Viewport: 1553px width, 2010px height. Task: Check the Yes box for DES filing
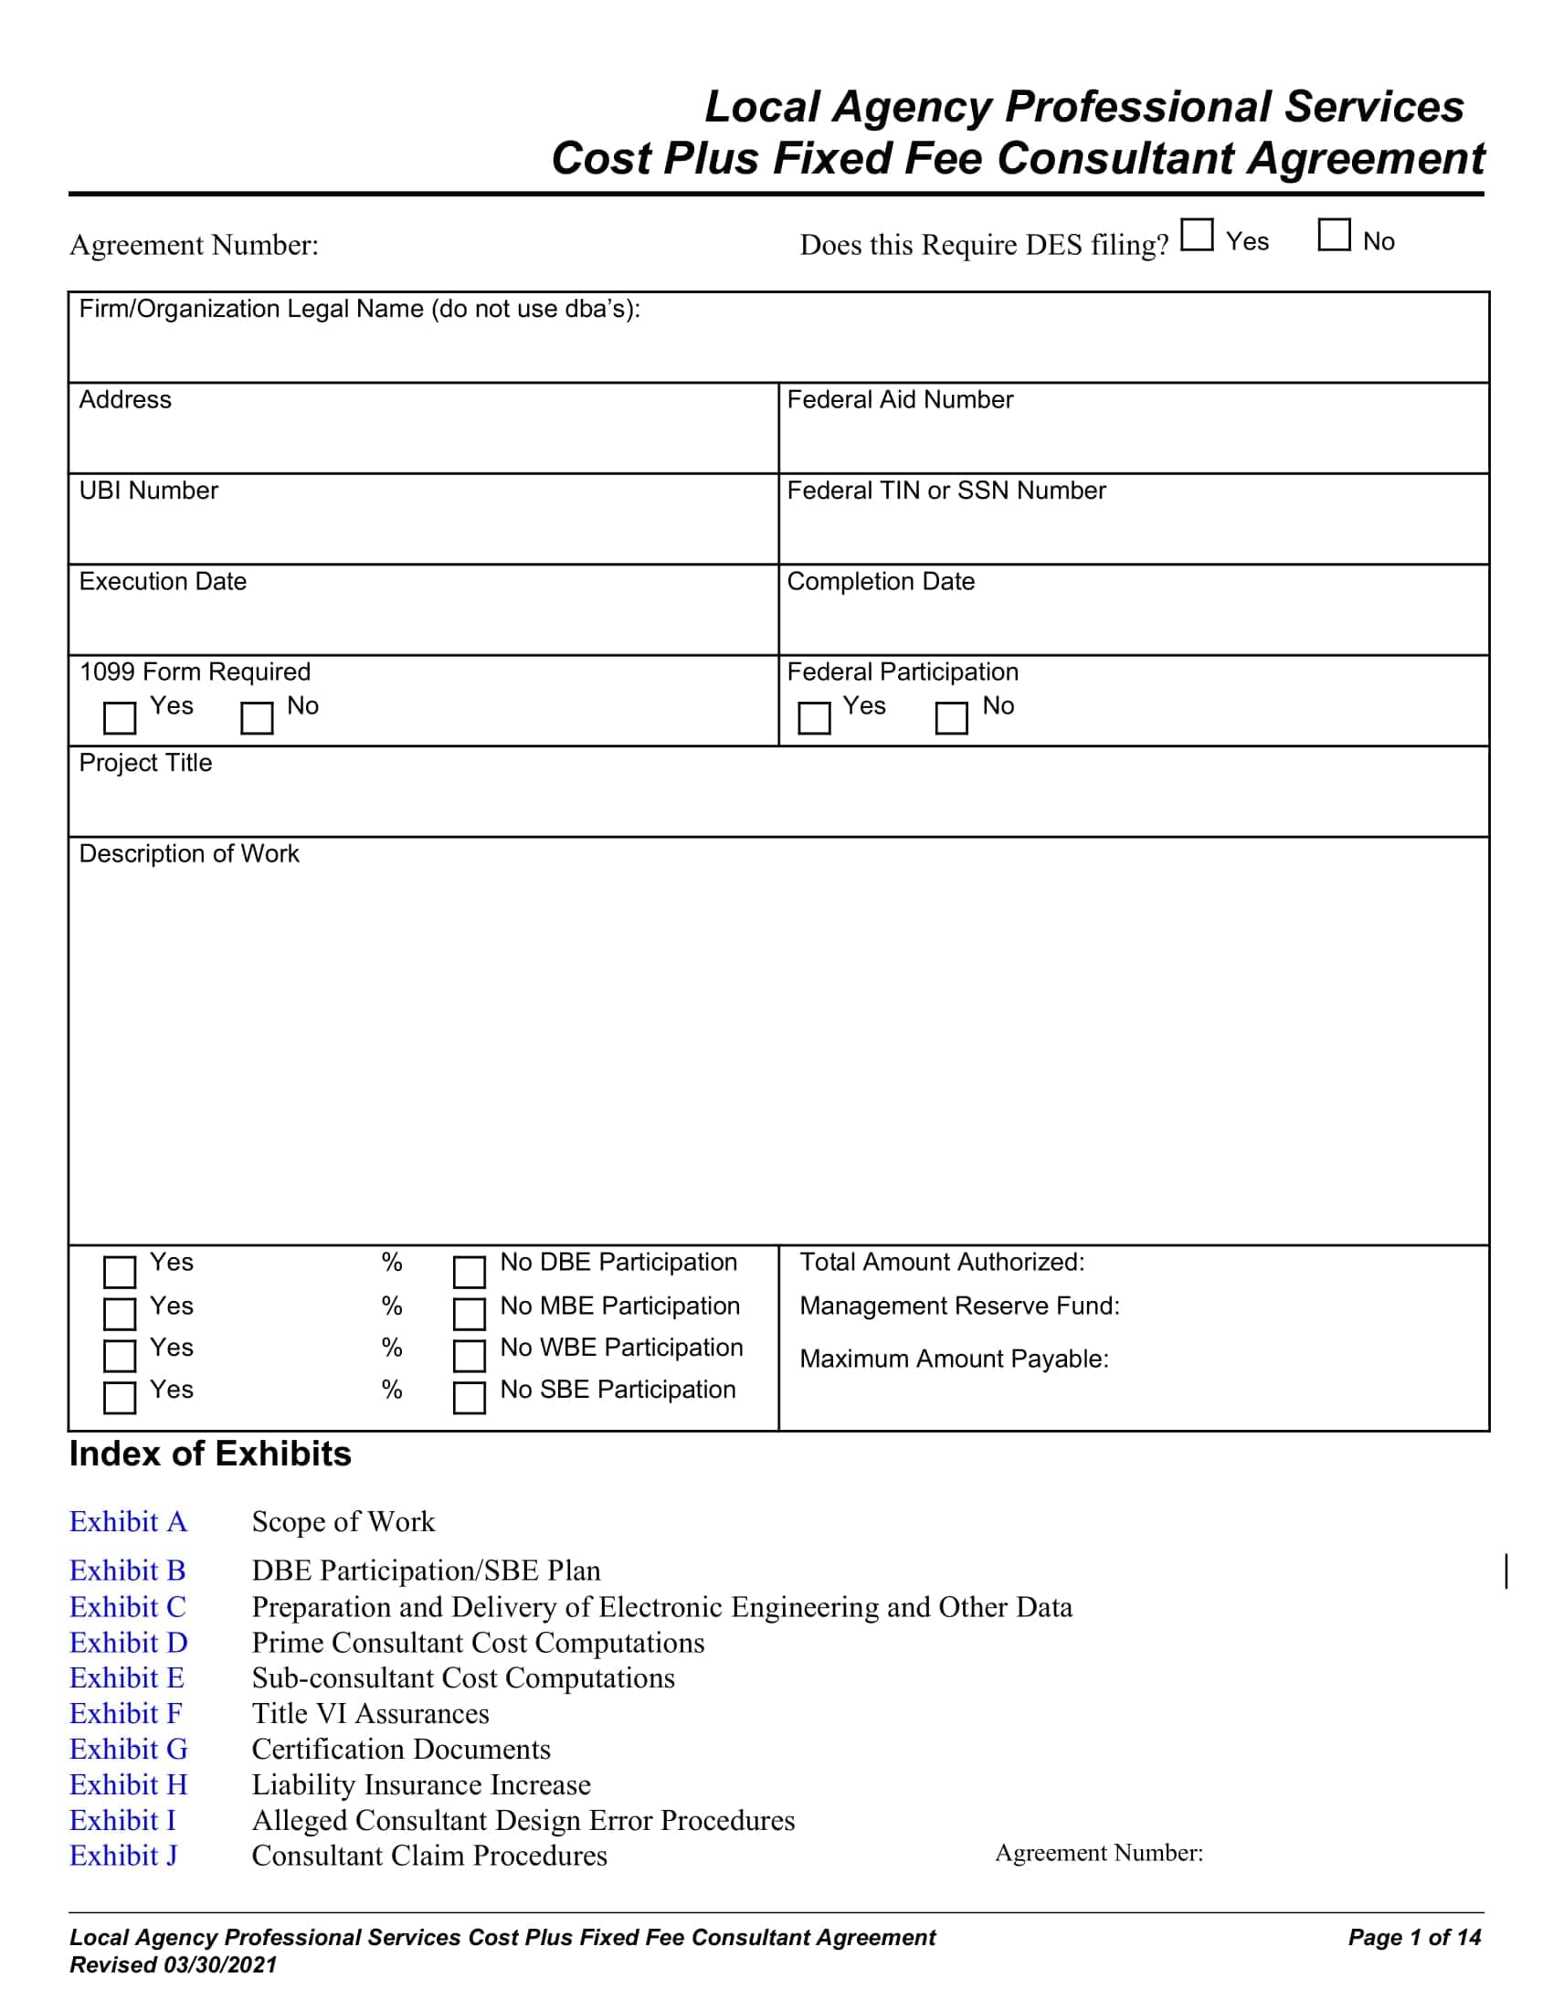pyautogui.click(x=1197, y=235)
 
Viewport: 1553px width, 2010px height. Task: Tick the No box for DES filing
pyautogui.click(x=1334, y=235)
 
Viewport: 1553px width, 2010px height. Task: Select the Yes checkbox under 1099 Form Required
pyautogui.click(x=120, y=718)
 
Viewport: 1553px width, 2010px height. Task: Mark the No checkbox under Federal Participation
pyautogui.click(x=951, y=718)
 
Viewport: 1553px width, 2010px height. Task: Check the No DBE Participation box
pyautogui.click(x=470, y=1272)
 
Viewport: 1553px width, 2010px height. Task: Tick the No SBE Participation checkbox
pyautogui.click(x=470, y=1397)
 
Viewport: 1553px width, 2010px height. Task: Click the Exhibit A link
pyautogui.click(x=128, y=1522)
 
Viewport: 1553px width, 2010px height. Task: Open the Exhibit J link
pyautogui.click(x=123, y=1856)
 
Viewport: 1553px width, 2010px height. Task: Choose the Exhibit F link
pyautogui.click(x=125, y=1714)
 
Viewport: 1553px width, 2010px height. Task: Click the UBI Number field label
pyautogui.click(x=148, y=491)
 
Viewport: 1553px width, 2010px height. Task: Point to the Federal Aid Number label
pyautogui.click(x=900, y=399)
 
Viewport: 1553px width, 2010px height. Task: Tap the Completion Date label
pyautogui.click(x=881, y=582)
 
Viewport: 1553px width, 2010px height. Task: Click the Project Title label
pyautogui.click(x=145, y=763)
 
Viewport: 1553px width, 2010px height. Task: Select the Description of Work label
pyautogui.click(x=188, y=854)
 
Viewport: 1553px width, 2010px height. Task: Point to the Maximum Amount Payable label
pyautogui.click(x=954, y=1359)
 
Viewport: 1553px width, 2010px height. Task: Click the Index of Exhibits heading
pyautogui.click(x=210, y=1455)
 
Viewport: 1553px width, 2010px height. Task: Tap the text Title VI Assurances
pyautogui.click(x=370, y=1714)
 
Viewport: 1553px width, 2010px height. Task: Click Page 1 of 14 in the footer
pyautogui.click(x=1414, y=1937)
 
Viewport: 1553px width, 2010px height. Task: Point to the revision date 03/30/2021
pyautogui.click(x=220, y=1965)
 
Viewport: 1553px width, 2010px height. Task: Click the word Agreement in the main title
pyautogui.click(x=1367, y=158)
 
